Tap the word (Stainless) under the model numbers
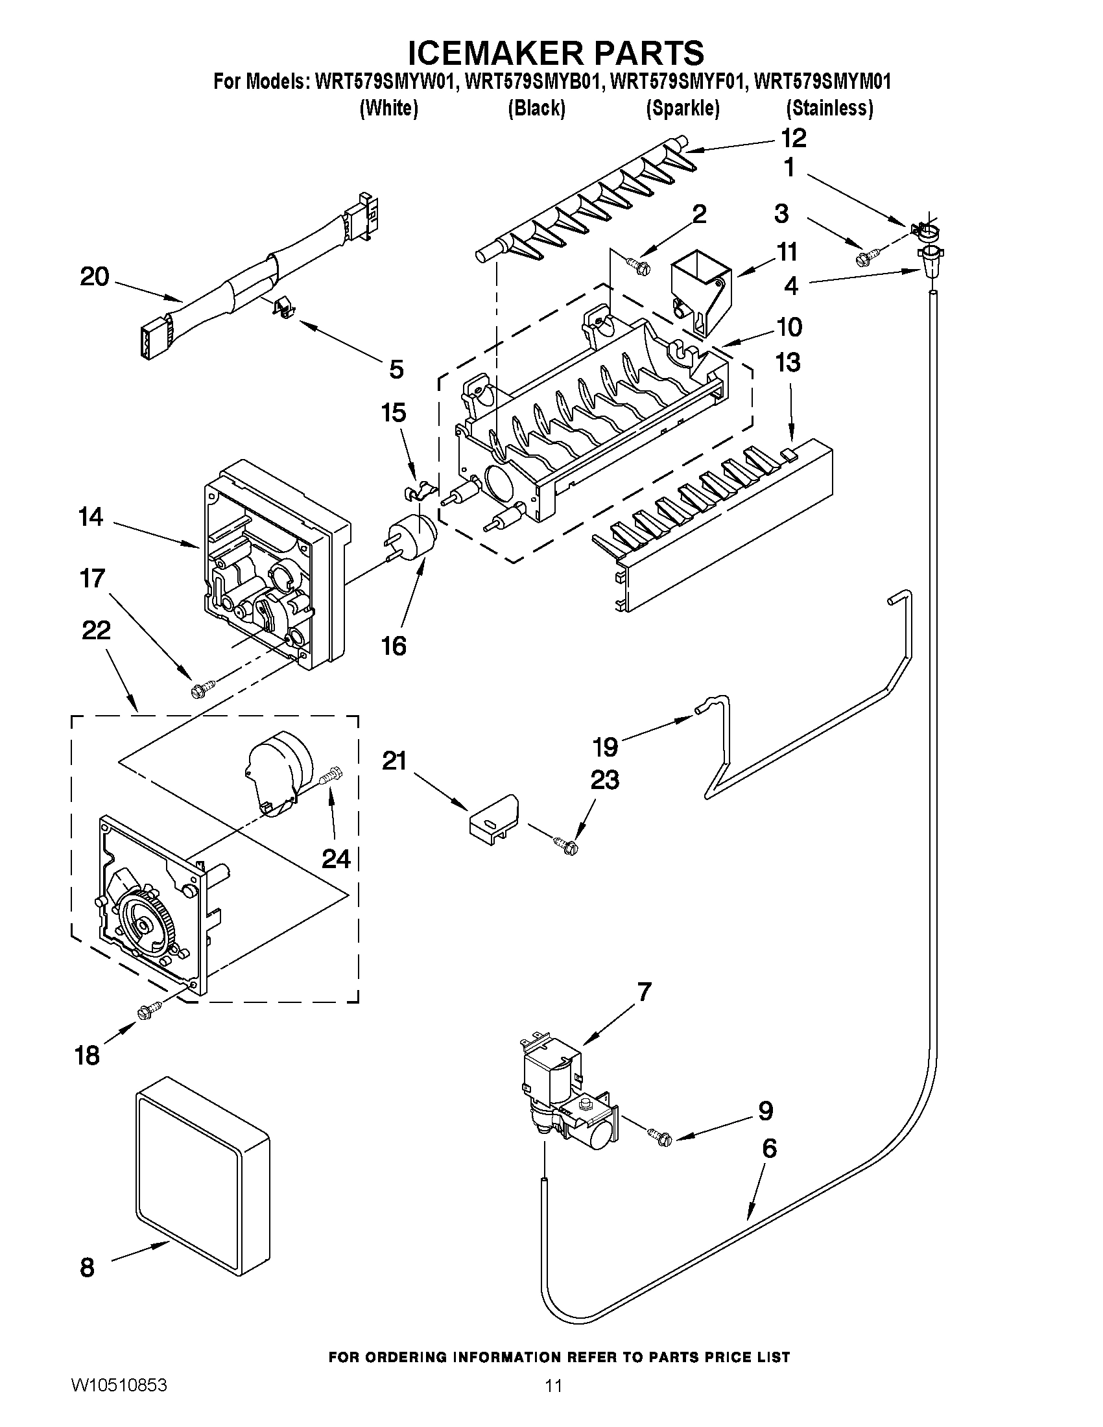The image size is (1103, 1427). tap(829, 108)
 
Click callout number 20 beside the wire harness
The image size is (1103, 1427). tap(94, 277)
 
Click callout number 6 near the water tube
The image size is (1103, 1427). tap(769, 1148)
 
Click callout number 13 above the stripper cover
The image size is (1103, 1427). tap(788, 362)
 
